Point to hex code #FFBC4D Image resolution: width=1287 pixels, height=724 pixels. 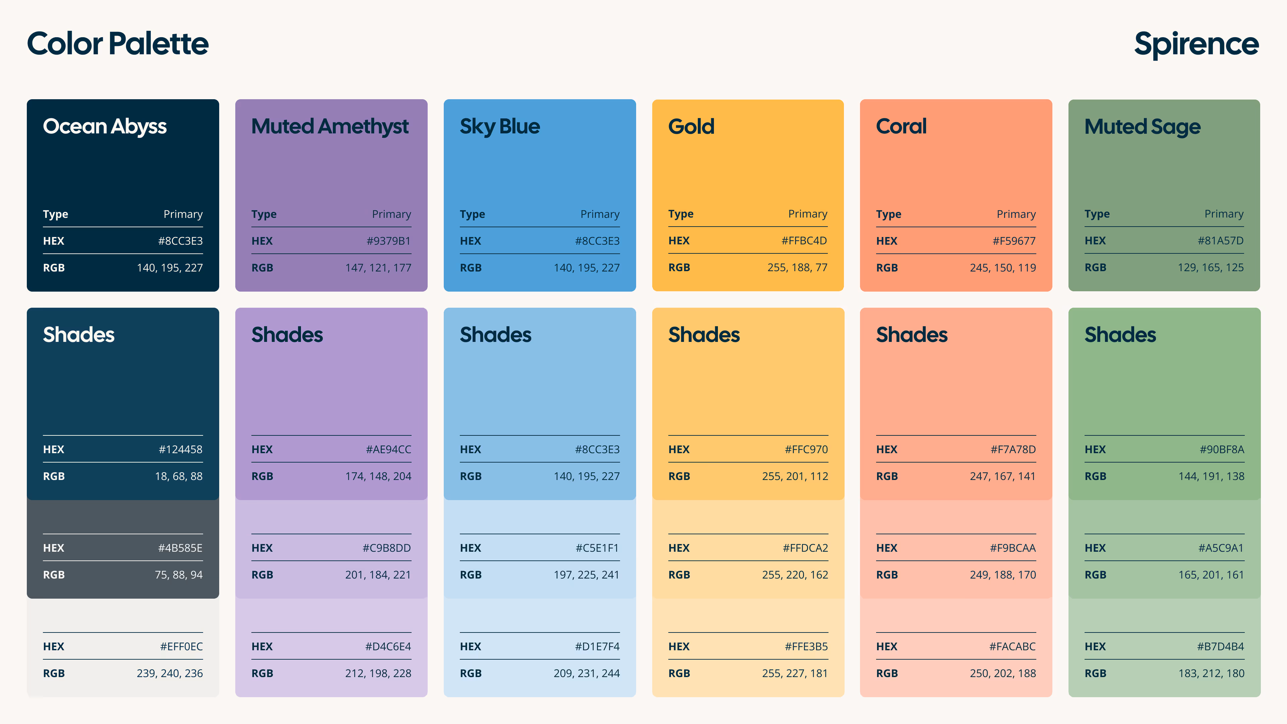click(804, 241)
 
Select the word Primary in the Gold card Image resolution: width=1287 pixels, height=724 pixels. click(807, 214)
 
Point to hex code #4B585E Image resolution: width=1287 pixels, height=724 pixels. click(180, 548)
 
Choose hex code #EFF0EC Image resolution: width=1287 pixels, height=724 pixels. click(181, 647)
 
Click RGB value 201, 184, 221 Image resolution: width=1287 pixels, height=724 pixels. click(378, 575)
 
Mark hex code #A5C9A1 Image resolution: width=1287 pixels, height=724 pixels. click(1221, 548)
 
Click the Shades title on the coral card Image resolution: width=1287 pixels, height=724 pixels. click(911, 335)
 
